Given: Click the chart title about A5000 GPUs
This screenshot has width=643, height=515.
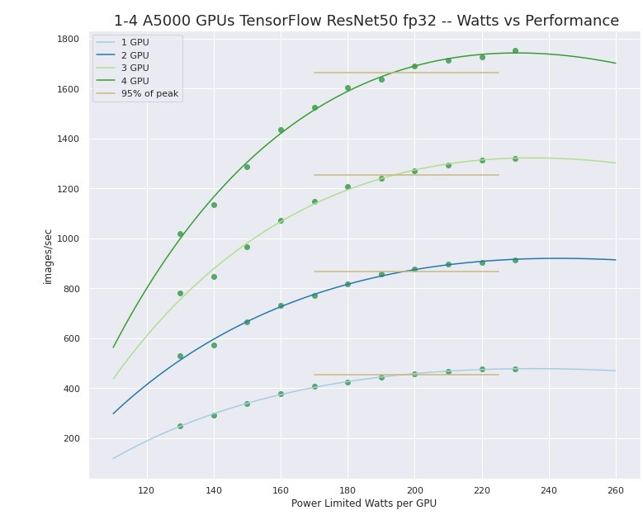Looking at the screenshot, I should pos(366,21).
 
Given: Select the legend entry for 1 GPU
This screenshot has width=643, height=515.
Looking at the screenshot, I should pos(135,42).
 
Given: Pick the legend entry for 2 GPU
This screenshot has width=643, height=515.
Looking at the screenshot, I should pos(135,55).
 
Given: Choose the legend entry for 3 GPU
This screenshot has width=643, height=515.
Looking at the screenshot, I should pos(135,68).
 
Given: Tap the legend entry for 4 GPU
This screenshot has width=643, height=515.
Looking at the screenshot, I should pos(135,81).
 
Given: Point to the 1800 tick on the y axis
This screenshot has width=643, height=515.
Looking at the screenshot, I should pos(68,39).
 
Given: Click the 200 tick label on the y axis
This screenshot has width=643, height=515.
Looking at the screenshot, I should pos(70,438).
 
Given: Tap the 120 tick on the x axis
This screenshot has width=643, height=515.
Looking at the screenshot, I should pos(147,489).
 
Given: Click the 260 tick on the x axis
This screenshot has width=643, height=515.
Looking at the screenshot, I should pos(616,489).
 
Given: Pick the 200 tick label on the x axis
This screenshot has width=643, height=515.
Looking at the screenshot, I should pos(414,489).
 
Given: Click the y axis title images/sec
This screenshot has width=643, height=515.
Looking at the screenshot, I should pos(48,257).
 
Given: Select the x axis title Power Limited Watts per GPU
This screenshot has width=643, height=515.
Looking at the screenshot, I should pos(364,503).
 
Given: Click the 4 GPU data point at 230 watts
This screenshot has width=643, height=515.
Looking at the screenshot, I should pos(515,51).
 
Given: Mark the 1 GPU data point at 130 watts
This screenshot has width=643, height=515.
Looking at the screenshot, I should pos(180,426).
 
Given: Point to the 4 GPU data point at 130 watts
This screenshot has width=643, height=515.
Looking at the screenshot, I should pos(180,234).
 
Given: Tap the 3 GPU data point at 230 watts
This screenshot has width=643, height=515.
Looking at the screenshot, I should pos(515,158).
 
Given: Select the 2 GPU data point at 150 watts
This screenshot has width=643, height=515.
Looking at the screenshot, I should pos(247,322).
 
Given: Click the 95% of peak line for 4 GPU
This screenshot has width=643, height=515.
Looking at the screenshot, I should pos(405,73).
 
